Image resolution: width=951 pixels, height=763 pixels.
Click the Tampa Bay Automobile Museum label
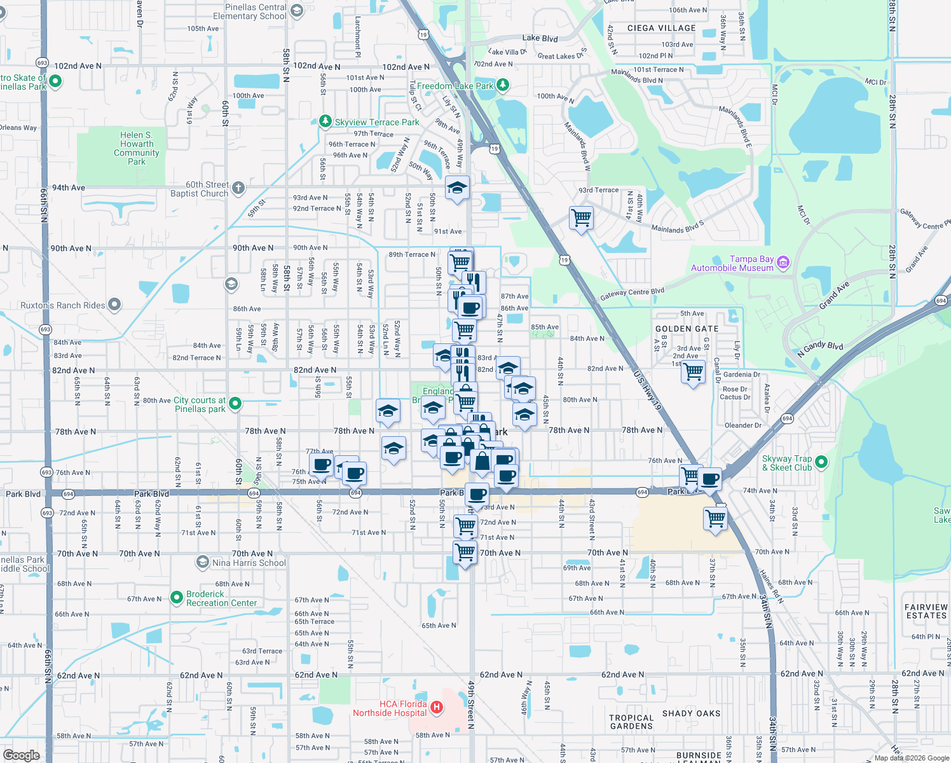(732, 263)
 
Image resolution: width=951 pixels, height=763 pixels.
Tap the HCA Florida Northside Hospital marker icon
(436, 706)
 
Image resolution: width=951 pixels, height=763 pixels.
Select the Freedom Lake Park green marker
(503, 85)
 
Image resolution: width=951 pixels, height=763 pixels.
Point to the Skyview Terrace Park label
(377, 122)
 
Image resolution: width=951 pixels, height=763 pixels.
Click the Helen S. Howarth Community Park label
(137, 148)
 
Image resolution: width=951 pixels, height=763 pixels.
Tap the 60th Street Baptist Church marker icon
(238, 188)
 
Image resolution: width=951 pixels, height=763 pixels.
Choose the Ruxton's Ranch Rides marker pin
(114, 305)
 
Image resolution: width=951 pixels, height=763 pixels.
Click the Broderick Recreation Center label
(221, 598)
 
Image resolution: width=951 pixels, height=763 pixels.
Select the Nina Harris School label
(249, 563)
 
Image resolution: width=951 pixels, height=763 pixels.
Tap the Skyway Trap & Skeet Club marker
(821, 462)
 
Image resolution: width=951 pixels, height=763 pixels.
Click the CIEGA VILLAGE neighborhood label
(661, 28)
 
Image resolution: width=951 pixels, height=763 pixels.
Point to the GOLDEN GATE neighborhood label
(687, 329)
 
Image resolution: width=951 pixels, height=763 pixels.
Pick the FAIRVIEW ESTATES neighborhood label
(926, 611)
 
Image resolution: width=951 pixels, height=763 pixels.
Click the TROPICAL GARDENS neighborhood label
(631, 722)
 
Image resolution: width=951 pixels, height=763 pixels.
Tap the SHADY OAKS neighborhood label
(691, 713)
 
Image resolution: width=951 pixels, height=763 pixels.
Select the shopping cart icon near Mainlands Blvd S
(582, 218)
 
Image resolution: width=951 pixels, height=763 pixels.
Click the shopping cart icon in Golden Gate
(694, 371)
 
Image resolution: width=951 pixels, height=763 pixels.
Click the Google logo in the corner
(21, 755)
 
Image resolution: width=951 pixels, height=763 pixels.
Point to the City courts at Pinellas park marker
(235, 403)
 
